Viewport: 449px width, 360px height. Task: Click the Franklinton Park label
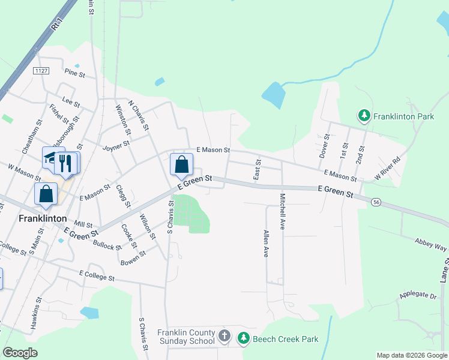tap(403, 116)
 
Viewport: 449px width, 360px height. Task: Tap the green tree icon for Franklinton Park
tap(363, 115)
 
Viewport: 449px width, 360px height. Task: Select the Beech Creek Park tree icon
tap(243, 339)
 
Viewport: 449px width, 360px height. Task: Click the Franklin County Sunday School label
tap(186, 337)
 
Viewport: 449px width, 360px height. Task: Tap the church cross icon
tap(224, 335)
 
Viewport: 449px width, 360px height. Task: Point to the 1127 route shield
tap(41, 71)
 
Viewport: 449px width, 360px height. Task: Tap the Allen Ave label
tap(265, 243)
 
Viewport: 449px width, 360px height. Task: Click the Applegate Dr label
tap(418, 296)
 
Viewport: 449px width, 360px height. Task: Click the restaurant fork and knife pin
tap(66, 163)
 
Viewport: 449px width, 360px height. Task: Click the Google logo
tap(20, 353)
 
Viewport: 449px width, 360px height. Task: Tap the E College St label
tap(97, 278)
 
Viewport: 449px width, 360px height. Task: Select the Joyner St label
tap(116, 146)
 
